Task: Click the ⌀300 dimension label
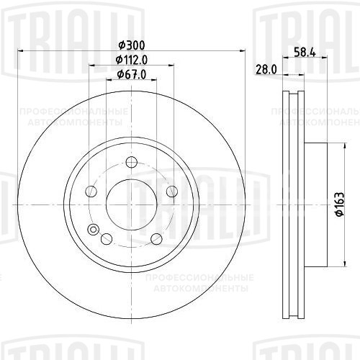point(132,45)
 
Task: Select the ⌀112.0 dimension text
point(132,60)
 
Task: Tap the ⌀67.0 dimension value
point(132,75)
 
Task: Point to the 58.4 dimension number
point(305,53)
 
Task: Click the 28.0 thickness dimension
point(266,70)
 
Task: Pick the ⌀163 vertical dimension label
point(340,204)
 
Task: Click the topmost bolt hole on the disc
point(132,162)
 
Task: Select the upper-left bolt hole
point(91,192)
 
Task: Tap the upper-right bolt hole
point(172,192)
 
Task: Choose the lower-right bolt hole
point(156,239)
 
